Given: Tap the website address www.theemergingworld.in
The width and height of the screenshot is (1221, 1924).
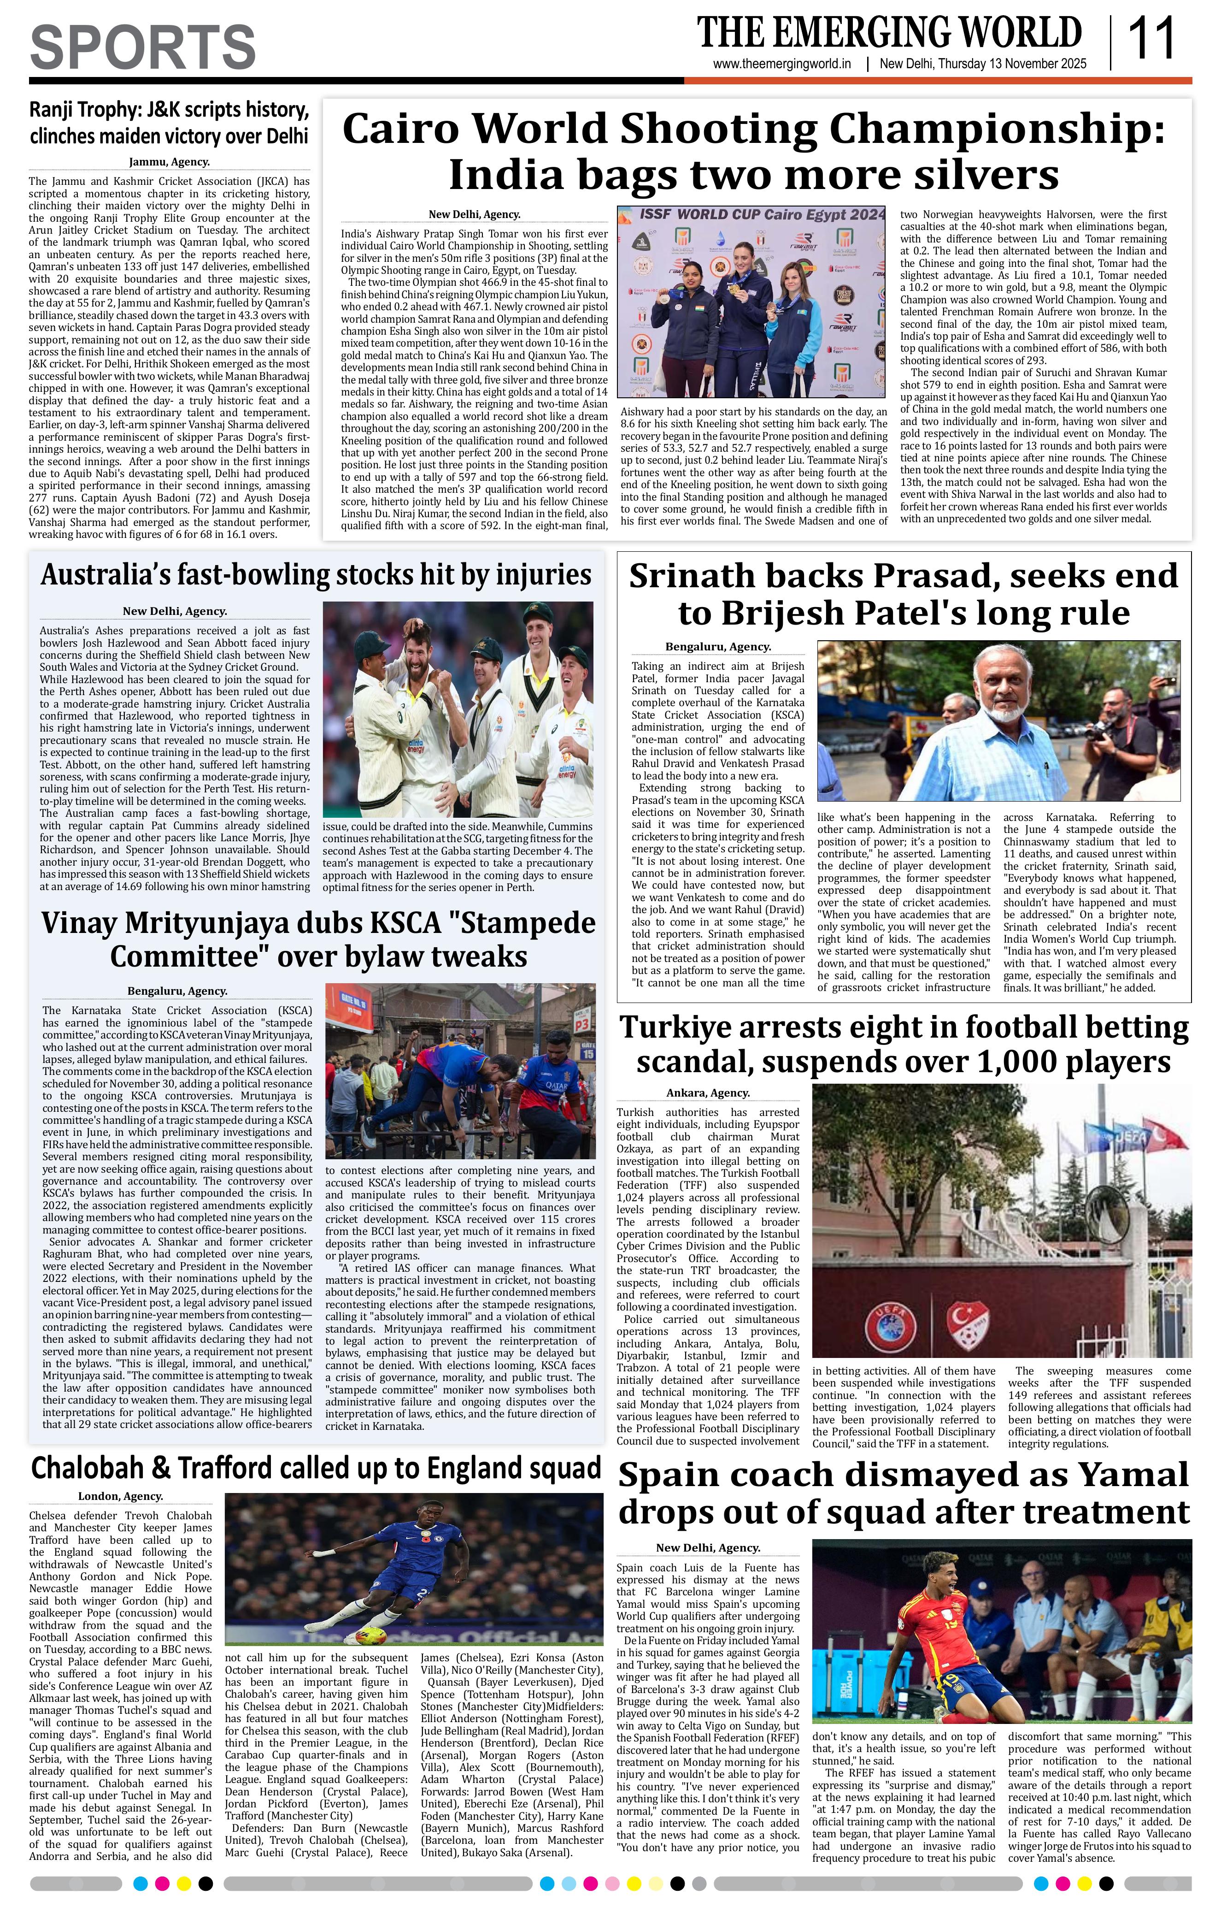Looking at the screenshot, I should pyautogui.click(x=782, y=65).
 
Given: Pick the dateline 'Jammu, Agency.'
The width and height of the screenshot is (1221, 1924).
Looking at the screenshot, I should pyautogui.click(x=169, y=162).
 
